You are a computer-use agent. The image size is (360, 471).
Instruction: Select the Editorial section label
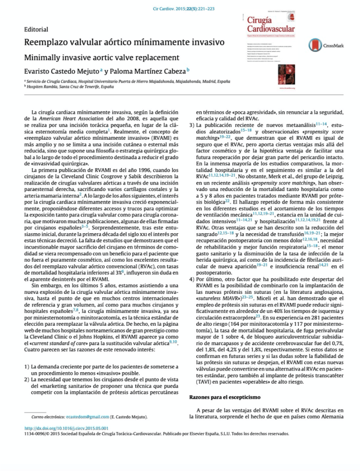(x=36, y=29)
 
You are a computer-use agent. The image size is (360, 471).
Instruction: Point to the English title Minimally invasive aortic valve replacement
(x=101, y=58)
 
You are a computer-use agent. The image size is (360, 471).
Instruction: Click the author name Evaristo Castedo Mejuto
(x=61, y=72)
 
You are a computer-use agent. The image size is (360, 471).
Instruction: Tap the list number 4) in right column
(x=192, y=279)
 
